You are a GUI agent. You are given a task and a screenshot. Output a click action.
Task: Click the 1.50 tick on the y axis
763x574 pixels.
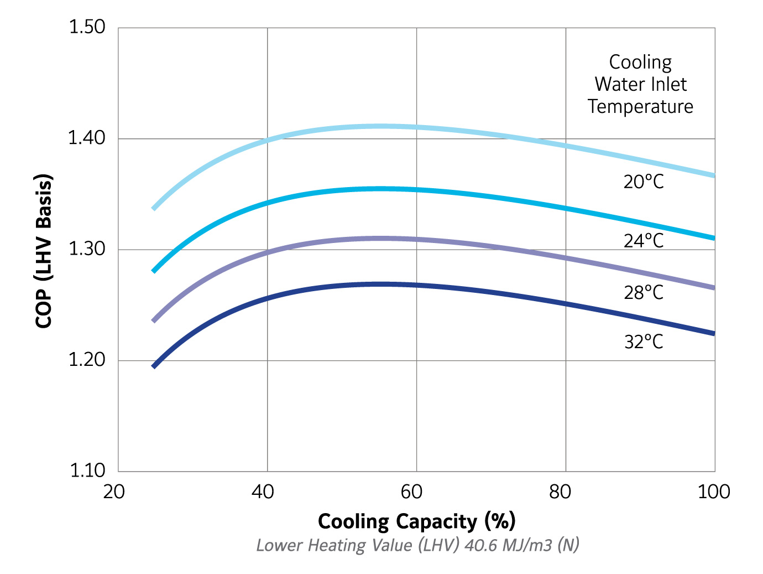[x=87, y=27]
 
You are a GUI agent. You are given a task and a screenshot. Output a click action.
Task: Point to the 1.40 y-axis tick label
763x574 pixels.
[x=87, y=138]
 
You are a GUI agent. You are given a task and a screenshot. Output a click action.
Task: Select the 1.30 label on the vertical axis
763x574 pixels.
[x=87, y=249]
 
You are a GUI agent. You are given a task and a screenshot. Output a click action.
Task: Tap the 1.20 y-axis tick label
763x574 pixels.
[x=87, y=360]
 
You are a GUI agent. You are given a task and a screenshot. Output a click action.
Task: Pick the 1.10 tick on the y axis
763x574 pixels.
[x=87, y=470]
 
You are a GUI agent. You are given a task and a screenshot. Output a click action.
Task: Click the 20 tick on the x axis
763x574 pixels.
[x=114, y=492]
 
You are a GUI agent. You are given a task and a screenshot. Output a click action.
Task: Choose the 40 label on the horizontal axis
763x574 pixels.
[x=263, y=492]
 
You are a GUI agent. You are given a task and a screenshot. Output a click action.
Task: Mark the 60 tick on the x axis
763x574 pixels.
[x=411, y=492]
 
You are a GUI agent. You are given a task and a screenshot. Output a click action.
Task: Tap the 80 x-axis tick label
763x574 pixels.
[x=560, y=492]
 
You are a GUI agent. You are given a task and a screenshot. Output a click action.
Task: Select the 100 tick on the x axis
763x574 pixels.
[x=714, y=492]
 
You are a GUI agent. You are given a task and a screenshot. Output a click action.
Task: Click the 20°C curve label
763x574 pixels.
[x=644, y=182]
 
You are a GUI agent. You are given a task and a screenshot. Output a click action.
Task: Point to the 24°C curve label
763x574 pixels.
[x=644, y=241]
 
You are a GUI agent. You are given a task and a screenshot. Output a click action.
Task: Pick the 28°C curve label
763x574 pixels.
[x=644, y=292]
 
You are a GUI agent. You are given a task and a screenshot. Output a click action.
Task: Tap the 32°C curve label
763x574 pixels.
[x=644, y=342]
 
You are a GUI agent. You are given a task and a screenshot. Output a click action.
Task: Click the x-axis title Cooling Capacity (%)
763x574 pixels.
[x=416, y=521]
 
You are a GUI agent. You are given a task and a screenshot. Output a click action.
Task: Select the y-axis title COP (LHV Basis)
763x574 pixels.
[x=44, y=251]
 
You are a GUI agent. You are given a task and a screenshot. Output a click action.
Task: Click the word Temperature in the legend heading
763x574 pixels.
[x=640, y=106]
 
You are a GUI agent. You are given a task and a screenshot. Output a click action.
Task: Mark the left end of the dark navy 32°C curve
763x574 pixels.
[x=154, y=366]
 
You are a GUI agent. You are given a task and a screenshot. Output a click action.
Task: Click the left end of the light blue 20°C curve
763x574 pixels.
[x=154, y=208]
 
